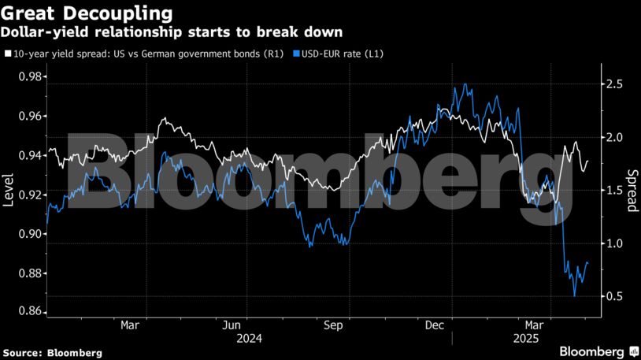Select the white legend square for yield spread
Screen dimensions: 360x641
pos(8,54)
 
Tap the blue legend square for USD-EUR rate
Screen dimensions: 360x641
pos(295,54)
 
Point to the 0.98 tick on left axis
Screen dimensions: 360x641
pos(31,76)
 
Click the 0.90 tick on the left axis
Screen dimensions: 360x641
pos(31,234)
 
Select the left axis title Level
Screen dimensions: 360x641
pos(9,194)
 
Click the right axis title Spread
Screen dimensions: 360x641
pos(632,191)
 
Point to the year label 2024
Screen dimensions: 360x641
pos(249,338)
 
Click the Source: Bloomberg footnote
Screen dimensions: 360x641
pos(52,353)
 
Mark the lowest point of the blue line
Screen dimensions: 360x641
pos(574,295)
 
